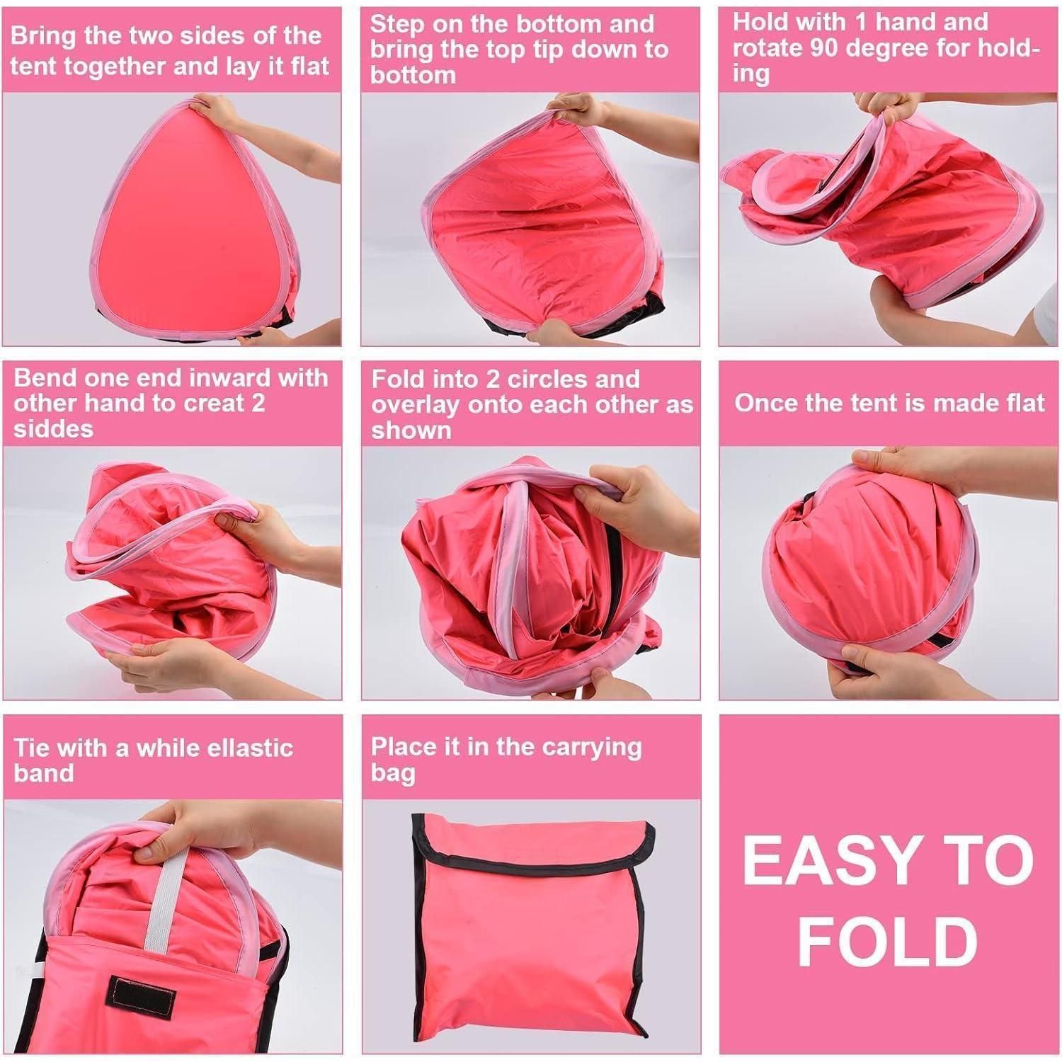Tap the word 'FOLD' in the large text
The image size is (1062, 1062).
(887, 941)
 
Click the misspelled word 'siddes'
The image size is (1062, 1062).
(53, 429)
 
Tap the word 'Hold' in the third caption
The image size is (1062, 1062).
(760, 23)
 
